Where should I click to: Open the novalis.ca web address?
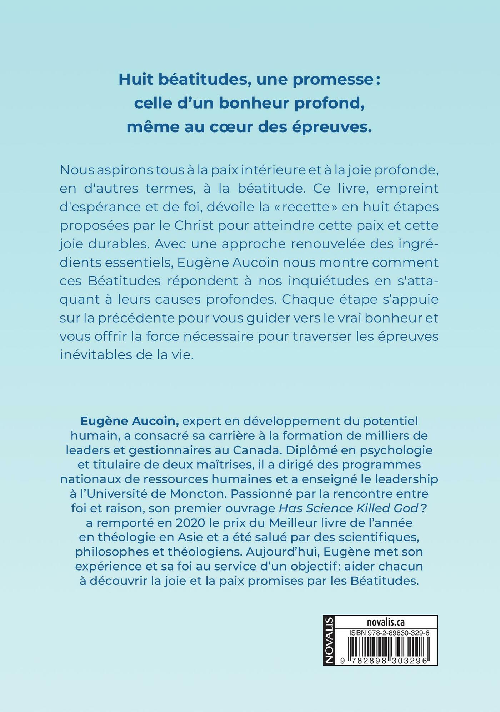(385, 622)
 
